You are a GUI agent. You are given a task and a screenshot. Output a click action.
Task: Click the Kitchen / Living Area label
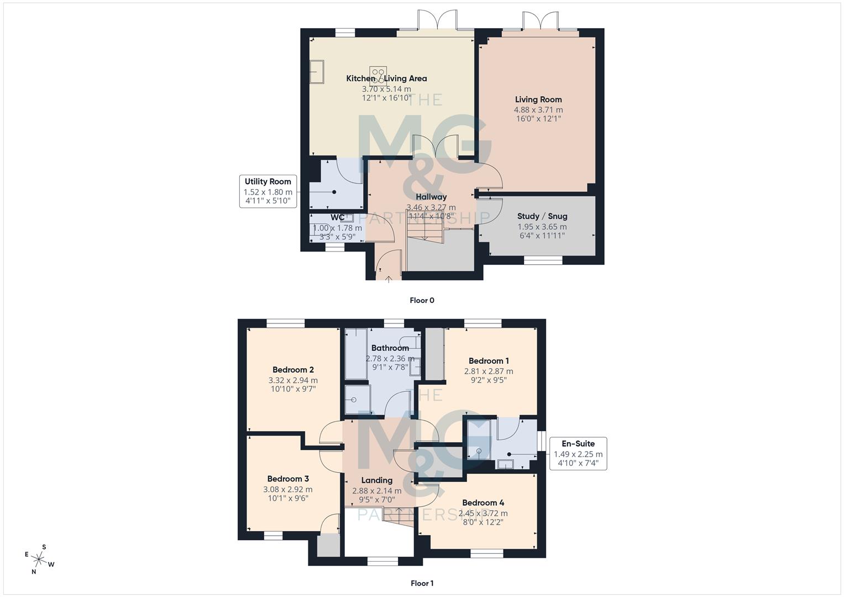pos(386,78)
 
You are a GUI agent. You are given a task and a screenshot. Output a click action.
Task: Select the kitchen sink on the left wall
pos(317,72)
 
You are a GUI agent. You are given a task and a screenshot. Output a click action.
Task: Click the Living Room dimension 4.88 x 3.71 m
pos(538,109)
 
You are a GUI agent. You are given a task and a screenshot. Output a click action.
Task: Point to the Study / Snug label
pos(542,216)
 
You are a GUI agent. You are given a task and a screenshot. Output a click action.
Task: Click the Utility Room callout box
pos(268,191)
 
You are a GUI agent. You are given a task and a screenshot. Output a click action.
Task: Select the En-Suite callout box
pos(578,454)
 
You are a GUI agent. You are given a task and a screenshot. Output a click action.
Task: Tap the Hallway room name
pos(431,197)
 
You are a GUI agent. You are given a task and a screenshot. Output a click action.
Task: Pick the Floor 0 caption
pos(422,301)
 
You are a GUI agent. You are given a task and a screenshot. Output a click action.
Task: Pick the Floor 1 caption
pos(422,583)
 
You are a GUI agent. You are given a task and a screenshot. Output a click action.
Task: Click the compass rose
pos(39,559)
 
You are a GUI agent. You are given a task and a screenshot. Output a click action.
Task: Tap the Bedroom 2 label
pos(293,370)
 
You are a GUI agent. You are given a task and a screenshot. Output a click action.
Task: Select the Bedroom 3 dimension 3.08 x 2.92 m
pos(287,489)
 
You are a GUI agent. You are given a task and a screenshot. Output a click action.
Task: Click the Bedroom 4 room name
pos(483,503)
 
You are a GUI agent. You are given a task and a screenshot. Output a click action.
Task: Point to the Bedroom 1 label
pos(489,361)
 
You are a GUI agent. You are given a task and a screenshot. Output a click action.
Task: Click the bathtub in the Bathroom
pos(356,354)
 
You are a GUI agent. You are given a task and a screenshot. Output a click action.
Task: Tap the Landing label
pos(377,480)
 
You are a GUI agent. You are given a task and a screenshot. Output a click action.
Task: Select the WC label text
pos(338,218)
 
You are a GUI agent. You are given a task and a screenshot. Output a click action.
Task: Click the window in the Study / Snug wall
pos(542,260)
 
